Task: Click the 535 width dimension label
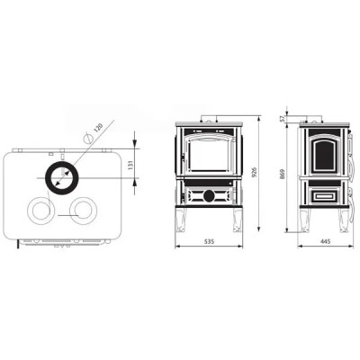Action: pyautogui.click(x=209, y=241)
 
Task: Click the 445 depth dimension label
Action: pyautogui.click(x=326, y=241)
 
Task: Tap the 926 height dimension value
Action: pyautogui.click(x=255, y=173)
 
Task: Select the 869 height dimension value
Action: pyautogui.click(x=283, y=175)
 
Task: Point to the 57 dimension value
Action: pyautogui.click(x=283, y=119)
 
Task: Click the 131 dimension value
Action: pyautogui.click(x=130, y=165)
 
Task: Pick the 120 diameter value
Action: pyautogui.click(x=98, y=128)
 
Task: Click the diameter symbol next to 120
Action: pyautogui.click(x=88, y=138)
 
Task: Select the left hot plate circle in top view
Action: pyautogui.click(x=28, y=210)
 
